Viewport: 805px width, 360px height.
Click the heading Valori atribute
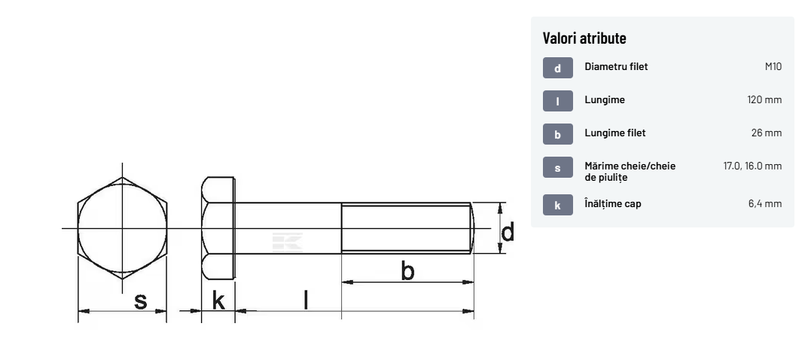(584, 38)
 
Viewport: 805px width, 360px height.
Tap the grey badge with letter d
(557, 68)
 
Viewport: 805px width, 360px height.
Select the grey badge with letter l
(557, 101)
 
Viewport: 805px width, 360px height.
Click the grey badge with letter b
(557, 135)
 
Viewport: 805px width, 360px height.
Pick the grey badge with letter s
(557, 167)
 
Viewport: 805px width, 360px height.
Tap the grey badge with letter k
(557, 206)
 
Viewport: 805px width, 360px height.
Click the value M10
(773, 67)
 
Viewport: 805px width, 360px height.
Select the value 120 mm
(764, 99)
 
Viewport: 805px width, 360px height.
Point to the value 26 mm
(767, 133)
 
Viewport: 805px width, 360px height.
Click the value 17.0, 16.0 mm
(752, 166)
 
